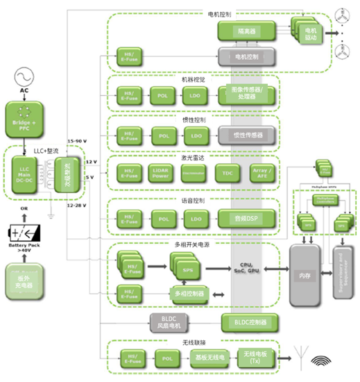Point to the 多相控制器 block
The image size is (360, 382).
point(188,294)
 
